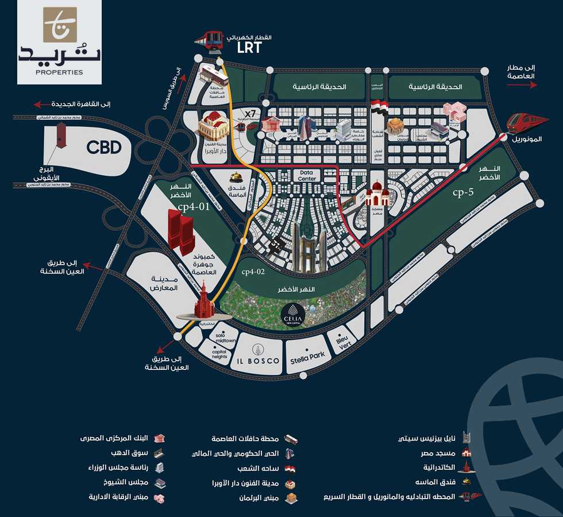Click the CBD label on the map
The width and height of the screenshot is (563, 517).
click(104, 148)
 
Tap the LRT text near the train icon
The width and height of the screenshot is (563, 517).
click(249, 48)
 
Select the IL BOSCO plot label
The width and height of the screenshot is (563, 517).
click(259, 361)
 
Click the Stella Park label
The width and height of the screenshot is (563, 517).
click(307, 356)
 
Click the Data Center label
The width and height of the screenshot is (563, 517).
click(307, 176)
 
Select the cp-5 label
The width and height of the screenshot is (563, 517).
click(462, 192)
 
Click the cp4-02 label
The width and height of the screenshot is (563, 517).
click(253, 272)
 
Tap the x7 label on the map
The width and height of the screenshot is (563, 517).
click(249, 113)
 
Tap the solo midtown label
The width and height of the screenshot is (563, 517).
click(225, 338)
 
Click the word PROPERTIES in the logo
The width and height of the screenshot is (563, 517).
click(51, 72)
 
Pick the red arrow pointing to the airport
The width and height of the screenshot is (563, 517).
click(522, 85)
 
